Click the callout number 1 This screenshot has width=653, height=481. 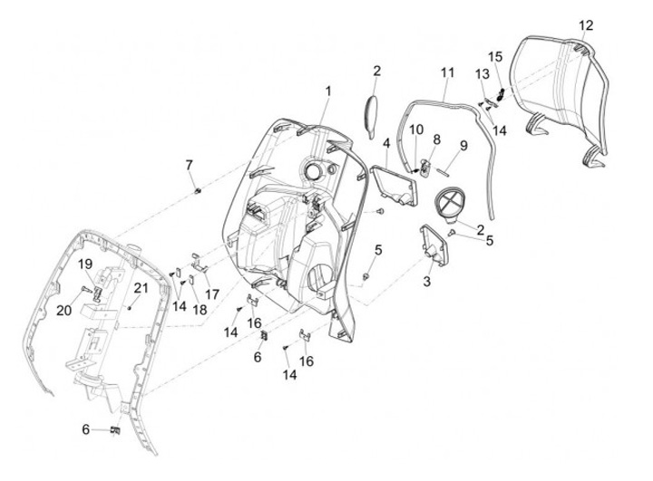click(328, 91)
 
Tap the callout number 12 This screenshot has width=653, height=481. click(585, 24)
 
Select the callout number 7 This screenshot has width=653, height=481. click(189, 164)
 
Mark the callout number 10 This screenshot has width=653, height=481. click(415, 130)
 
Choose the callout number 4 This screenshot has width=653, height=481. click(386, 143)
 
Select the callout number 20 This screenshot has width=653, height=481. click(64, 311)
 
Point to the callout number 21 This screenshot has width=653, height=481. click(141, 288)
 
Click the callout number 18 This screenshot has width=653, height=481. click(200, 310)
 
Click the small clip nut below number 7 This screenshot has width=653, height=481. click(197, 191)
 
